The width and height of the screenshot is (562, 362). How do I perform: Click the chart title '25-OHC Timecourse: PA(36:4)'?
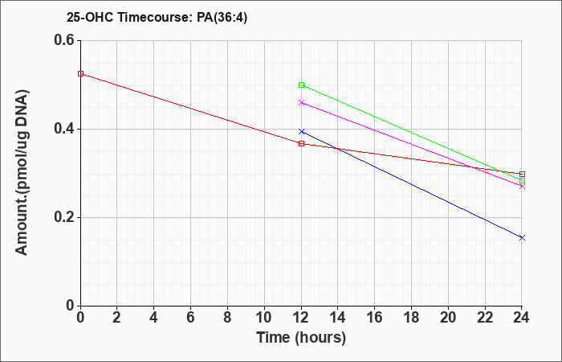tap(157, 18)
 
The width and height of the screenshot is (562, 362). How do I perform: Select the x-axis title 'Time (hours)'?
tap(301, 338)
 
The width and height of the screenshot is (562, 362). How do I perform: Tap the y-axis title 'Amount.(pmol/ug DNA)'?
tap(22, 173)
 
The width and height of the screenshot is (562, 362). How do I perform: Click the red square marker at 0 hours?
tap(80, 74)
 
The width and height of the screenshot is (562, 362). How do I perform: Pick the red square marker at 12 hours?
tap(301, 144)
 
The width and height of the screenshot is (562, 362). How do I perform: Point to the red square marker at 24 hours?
tap(522, 175)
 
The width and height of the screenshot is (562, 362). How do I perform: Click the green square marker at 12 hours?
tap(301, 85)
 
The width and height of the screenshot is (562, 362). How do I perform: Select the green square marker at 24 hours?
tap(522, 181)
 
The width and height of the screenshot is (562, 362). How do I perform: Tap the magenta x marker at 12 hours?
tap(301, 103)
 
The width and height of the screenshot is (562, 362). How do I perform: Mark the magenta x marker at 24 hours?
tap(522, 187)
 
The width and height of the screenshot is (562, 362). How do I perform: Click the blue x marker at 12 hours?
tap(301, 132)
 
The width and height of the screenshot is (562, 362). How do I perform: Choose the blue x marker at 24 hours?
tap(522, 238)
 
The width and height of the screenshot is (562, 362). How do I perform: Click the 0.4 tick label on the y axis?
tap(64, 129)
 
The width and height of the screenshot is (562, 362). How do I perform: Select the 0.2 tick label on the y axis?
tap(64, 218)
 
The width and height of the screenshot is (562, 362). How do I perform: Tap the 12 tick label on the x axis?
tap(301, 318)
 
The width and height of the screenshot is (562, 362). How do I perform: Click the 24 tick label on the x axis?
tap(521, 318)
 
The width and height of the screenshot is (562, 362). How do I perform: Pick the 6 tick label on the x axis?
tap(191, 318)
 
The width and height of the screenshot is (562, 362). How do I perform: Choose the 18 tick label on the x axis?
tap(411, 318)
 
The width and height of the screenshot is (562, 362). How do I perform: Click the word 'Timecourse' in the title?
tap(155, 18)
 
